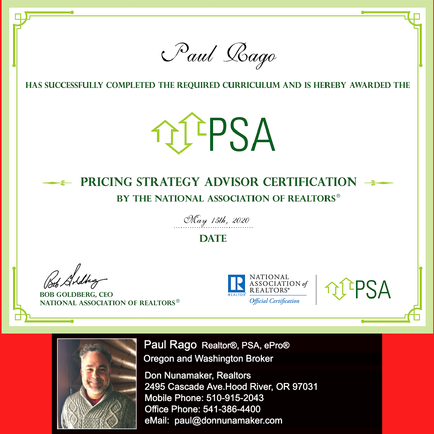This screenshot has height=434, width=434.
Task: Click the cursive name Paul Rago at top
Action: [219, 55]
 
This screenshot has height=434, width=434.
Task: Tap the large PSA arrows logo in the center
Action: [213, 133]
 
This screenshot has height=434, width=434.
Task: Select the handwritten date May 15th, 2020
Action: [217, 220]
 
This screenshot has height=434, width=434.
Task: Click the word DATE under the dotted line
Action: [213, 239]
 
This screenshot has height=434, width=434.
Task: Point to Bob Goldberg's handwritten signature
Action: [74, 277]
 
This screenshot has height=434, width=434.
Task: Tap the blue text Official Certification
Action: [274, 301]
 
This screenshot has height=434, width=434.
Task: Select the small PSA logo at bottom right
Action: [357, 289]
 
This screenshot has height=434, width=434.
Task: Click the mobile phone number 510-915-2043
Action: [235, 398]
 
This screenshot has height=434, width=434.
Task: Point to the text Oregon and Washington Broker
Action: [209, 358]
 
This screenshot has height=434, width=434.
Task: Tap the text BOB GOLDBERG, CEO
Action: [76, 295]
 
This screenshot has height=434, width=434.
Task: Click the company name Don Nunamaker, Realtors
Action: [197, 376]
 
